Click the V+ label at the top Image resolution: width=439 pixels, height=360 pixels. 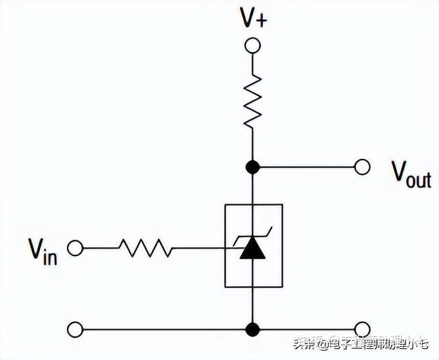(x=253, y=18)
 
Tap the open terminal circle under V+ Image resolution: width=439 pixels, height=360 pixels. (x=253, y=45)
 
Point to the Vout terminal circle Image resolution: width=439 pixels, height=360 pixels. (x=362, y=167)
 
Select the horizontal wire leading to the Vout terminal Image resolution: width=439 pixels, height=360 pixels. (x=306, y=167)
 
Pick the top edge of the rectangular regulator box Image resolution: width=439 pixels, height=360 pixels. (x=254, y=204)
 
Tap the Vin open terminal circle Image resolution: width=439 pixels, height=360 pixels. (x=76, y=248)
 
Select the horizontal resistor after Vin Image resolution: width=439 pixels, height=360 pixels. (x=145, y=248)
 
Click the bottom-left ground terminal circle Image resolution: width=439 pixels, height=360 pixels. (x=76, y=328)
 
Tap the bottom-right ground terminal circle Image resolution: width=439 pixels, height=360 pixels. (x=362, y=328)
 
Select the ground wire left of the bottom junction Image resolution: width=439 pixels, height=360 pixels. (x=164, y=328)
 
